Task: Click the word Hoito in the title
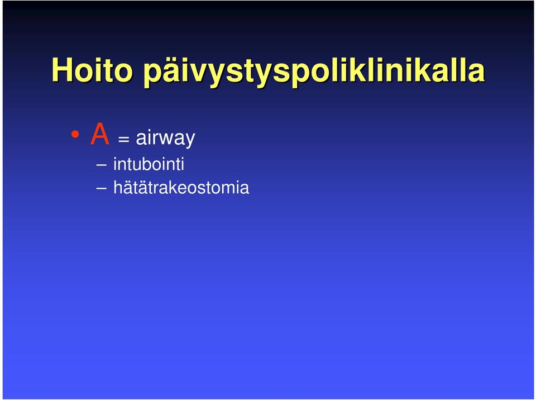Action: [92, 70]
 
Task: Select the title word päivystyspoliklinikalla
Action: [314, 72]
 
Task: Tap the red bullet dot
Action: [75, 135]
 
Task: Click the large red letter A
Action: [100, 134]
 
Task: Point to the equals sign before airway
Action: [123, 139]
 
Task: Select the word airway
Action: [165, 138]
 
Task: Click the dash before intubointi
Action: [102, 165]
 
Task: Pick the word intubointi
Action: [149, 164]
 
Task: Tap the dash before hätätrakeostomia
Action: [102, 188]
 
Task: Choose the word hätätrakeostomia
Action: [181, 187]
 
